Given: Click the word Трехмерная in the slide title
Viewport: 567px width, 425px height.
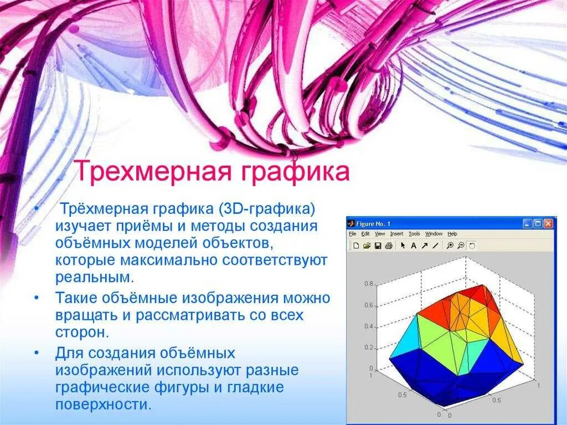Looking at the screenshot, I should (151, 171).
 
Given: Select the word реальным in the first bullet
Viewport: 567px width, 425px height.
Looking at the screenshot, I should (94, 276).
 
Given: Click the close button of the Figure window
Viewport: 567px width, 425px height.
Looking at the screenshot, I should (548, 224).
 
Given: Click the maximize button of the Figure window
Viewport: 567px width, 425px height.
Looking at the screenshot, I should (538, 224).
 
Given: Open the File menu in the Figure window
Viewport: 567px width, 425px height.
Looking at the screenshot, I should (352, 234).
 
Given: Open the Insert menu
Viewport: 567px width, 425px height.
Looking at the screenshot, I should (396, 234).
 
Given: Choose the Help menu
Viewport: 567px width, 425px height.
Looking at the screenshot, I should (452, 234).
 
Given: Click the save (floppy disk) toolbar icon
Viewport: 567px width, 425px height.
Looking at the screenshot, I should (378, 245).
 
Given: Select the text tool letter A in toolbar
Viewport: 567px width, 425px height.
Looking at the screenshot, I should (413, 245).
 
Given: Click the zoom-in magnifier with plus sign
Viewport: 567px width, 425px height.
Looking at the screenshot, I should (450, 245).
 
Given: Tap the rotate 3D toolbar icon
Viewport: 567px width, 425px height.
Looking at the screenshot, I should (472, 245).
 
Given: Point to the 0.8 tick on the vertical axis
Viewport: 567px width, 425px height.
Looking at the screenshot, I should (368, 284).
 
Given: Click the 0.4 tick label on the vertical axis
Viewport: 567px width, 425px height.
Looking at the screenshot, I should (368, 326).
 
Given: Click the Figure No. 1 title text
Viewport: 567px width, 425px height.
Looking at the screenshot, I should (373, 224).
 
